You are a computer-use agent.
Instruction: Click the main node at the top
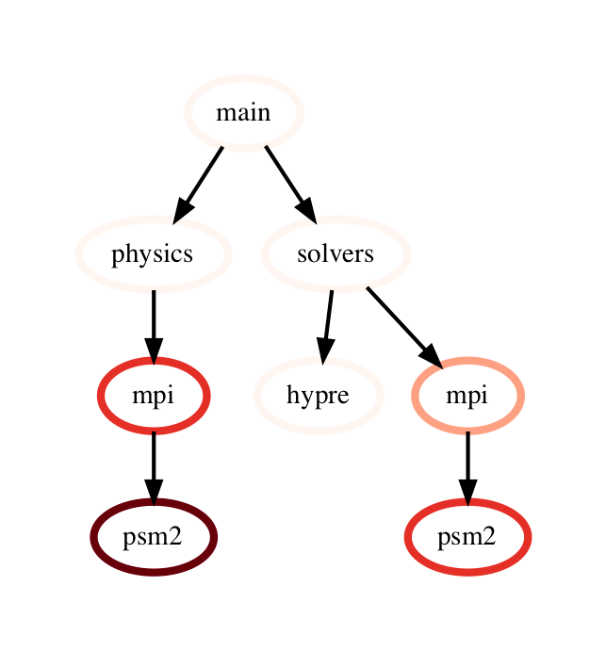click(243, 113)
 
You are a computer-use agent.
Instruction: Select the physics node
click(153, 254)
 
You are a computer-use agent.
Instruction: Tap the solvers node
click(336, 254)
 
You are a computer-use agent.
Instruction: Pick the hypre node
click(318, 396)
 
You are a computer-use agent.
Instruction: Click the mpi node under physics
click(153, 396)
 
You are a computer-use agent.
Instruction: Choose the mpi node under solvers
click(467, 396)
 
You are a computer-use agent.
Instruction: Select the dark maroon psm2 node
click(153, 537)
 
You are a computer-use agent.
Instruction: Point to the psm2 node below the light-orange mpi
click(467, 537)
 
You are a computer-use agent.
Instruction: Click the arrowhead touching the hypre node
click(322, 350)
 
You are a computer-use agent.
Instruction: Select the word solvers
click(336, 254)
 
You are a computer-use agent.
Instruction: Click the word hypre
click(318, 396)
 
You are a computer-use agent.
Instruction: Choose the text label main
click(243, 113)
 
